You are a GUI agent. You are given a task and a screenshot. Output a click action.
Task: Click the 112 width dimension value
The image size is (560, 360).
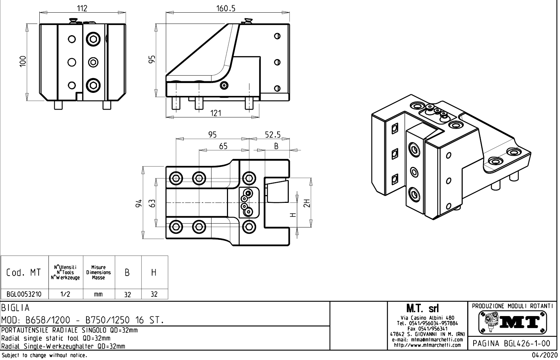[82, 8]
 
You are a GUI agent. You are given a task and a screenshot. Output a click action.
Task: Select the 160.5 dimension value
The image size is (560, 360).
[226, 8]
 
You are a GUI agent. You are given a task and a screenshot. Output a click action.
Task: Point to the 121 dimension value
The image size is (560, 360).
[216, 113]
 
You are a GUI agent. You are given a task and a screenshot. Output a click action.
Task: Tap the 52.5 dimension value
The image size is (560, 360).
[273, 135]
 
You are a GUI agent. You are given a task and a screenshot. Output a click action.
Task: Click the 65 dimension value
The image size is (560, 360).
[223, 146]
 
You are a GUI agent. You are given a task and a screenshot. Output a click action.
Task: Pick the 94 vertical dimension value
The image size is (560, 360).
[139, 203]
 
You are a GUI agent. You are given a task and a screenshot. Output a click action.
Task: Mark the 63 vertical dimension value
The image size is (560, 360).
[152, 203]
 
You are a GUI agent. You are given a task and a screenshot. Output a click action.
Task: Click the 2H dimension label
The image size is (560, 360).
[307, 203]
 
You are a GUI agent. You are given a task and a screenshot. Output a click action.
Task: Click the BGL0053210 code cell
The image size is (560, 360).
[24, 294]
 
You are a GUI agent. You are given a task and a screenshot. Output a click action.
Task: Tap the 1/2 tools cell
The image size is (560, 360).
[65, 294]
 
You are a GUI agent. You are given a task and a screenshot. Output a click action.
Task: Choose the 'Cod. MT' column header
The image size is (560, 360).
[24, 272]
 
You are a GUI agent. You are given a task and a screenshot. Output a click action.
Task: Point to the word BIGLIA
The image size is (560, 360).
[16, 308]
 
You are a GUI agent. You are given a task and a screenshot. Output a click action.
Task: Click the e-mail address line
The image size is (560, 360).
[427, 340]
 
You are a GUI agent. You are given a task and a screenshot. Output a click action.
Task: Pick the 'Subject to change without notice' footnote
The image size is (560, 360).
[44, 355]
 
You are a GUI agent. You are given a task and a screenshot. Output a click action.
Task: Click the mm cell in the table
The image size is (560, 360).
[98, 294]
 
